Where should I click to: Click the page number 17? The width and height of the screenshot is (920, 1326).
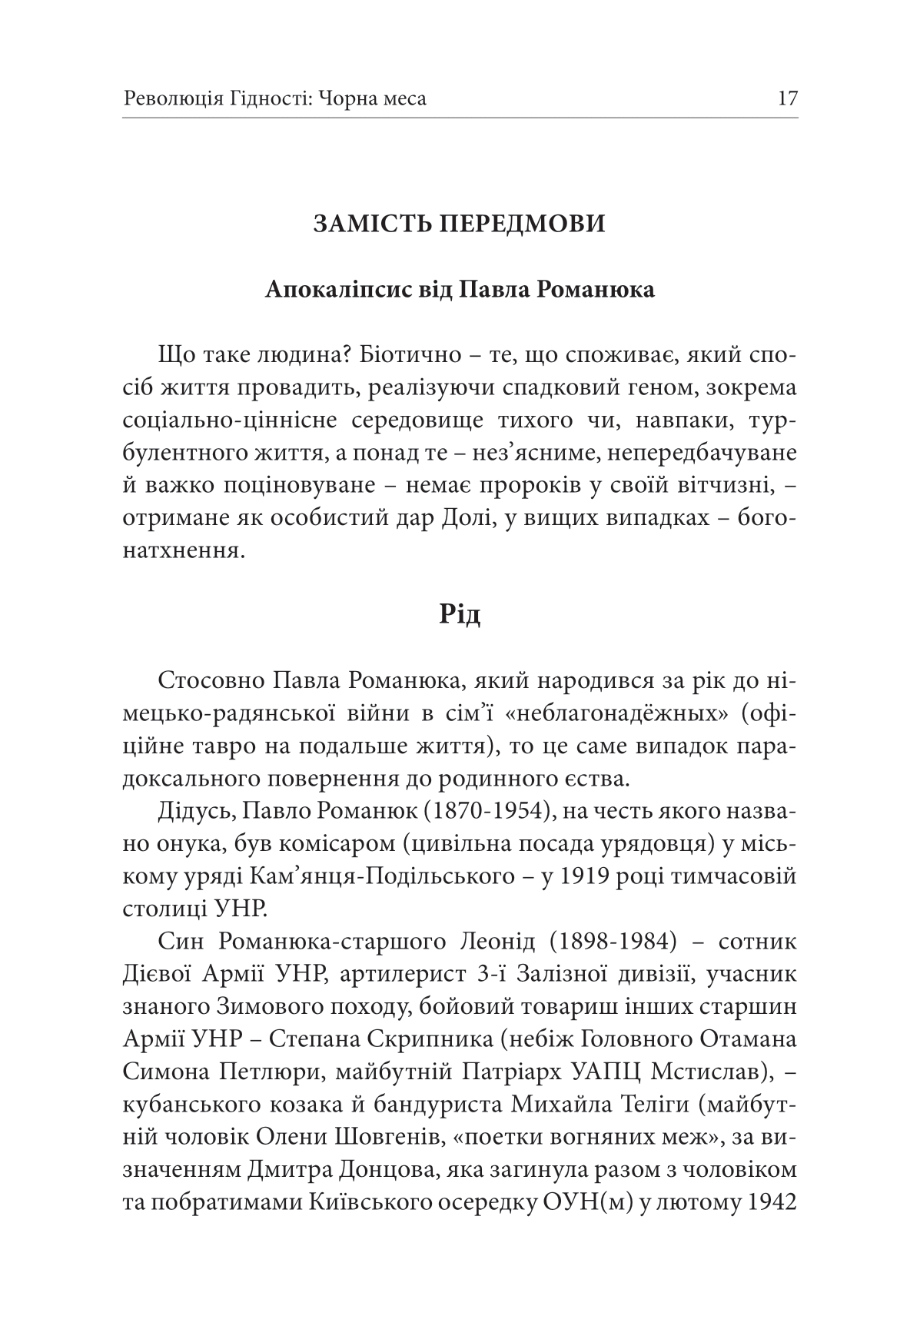(788, 98)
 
